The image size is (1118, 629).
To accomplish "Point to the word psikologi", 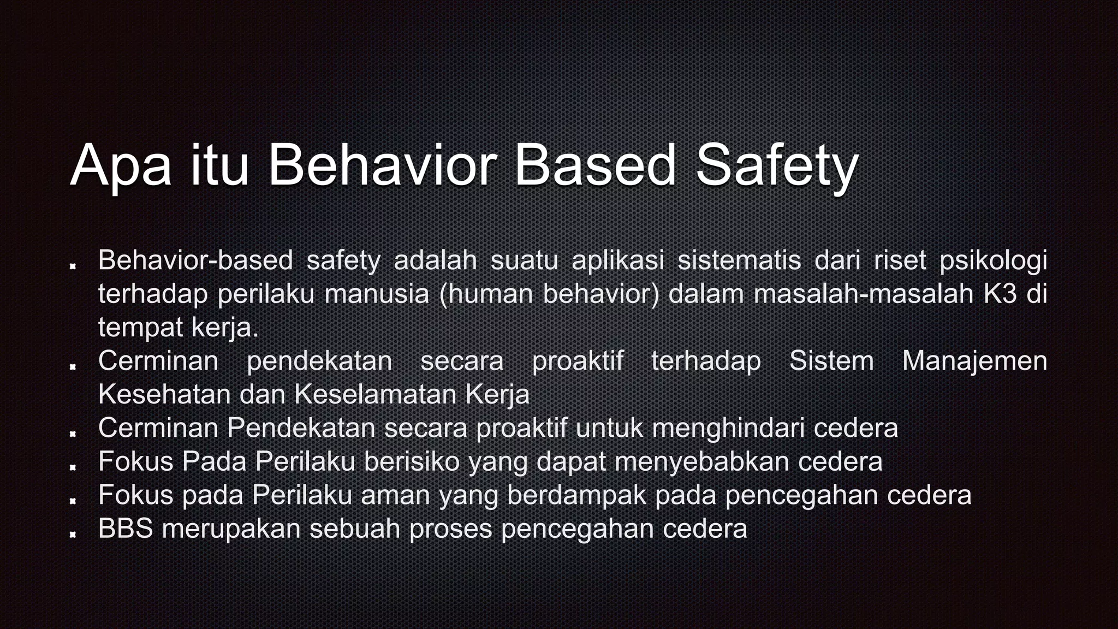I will (993, 261).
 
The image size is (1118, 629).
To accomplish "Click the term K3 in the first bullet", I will (1001, 294).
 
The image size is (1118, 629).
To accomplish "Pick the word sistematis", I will (739, 260).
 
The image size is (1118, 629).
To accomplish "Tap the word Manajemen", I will (974, 361).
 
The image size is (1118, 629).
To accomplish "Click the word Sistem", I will (831, 361).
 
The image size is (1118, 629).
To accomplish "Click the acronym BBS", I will (126, 529).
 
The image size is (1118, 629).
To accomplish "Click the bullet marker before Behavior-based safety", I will (72, 266).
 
